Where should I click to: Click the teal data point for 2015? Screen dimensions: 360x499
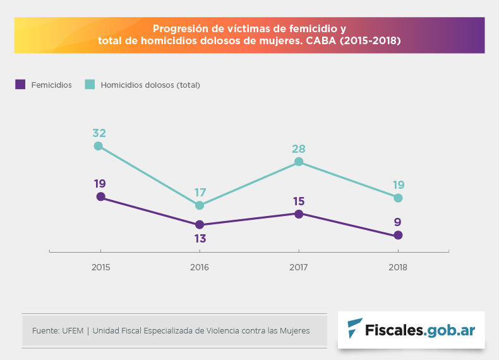(99, 146)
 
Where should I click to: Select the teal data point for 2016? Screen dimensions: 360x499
(200, 205)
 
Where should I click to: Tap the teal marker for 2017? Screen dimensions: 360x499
(299, 162)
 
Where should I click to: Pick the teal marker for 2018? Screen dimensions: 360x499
(398, 198)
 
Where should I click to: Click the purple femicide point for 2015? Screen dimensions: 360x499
(100, 197)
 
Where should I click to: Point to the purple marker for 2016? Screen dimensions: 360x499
(200, 224)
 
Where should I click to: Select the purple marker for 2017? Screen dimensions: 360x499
(299, 213)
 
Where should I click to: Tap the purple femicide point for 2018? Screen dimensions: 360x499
(398, 235)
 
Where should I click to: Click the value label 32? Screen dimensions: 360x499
(99, 133)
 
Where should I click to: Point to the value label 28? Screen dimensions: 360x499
(299, 149)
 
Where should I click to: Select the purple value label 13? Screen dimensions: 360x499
(200, 239)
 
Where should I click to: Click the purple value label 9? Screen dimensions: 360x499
(398, 222)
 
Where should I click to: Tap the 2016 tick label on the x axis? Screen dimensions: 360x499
(200, 267)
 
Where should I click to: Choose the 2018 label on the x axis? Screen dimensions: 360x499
(398, 267)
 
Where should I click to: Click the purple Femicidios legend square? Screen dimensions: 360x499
(20, 84)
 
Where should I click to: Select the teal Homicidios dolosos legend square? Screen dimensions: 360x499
(90, 84)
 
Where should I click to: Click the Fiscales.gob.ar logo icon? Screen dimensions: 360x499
(356, 328)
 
